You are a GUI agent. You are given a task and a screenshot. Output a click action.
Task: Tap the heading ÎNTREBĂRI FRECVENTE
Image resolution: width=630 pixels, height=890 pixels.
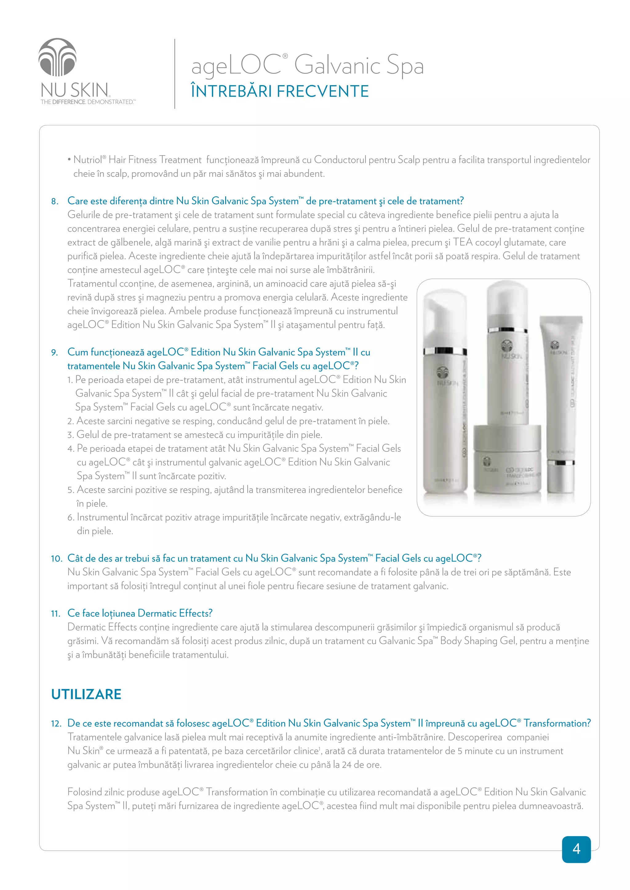tap(279, 92)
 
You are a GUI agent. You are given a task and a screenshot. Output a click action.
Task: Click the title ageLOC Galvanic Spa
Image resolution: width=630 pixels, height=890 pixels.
tap(307, 65)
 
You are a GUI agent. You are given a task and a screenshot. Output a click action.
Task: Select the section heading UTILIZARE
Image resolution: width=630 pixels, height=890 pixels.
tap(86, 694)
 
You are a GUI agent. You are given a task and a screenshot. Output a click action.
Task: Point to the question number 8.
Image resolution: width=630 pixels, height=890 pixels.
tap(55, 202)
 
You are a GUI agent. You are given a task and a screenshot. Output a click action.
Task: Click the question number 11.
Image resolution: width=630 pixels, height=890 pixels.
tap(55, 614)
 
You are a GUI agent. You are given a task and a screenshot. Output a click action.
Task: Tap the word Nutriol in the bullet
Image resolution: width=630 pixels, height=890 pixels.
tap(88, 160)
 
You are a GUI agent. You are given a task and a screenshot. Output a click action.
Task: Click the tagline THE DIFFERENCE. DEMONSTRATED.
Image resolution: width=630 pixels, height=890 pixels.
tap(88, 102)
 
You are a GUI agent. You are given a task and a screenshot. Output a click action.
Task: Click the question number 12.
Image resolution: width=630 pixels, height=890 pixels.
tap(56, 724)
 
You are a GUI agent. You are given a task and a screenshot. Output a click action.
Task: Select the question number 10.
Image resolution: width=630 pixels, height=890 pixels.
tap(56, 559)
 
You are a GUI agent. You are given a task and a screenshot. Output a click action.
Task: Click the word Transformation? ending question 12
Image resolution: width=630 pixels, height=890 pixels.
tap(557, 723)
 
